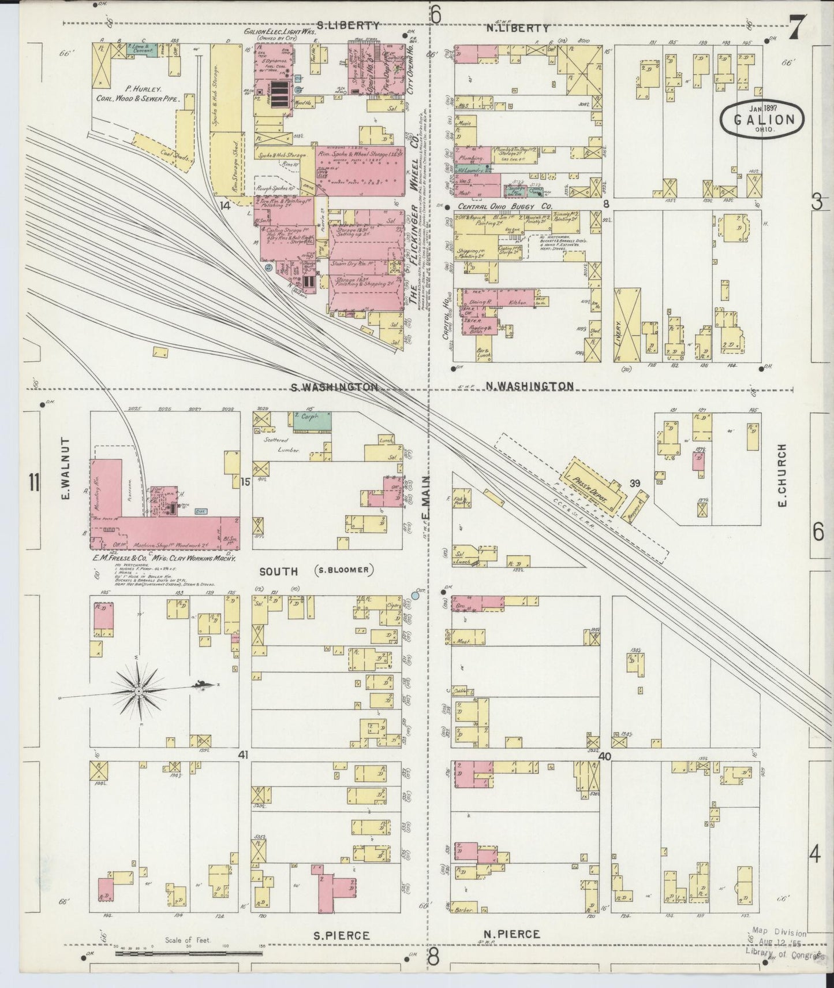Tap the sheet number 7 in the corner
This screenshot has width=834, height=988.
[799, 28]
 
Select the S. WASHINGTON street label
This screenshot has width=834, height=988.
[335, 387]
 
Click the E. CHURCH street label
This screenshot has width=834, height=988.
[782, 476]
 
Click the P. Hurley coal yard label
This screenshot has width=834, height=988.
[137, 94]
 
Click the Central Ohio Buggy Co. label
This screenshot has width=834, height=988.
[505, 206]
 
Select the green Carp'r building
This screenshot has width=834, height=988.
[312, 421]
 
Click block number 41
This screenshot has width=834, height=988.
[243, 755]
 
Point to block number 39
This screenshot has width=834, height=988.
[635, 467]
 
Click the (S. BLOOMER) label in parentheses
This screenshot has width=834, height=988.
[344, 570]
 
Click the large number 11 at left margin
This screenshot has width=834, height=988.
[35, 481]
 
